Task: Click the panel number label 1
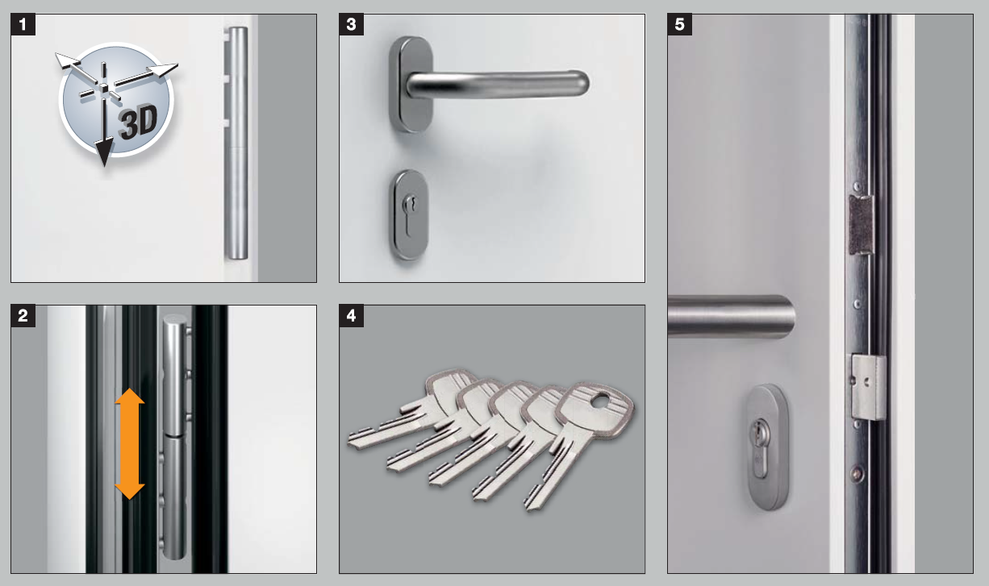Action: (23, 24)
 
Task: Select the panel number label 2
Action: (23, 315)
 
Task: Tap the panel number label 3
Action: (352, 24)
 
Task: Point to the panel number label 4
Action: (352, 315)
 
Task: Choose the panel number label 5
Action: (680, 24)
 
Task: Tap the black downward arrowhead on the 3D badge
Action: (104, 152)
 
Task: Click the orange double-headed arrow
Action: (129, 443)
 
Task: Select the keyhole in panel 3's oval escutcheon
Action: (410, 212)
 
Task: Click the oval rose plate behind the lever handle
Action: (411, 84)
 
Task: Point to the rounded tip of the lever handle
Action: (582, 83)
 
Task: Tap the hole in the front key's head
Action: (600, 401)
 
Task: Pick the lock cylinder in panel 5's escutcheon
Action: (760, 448)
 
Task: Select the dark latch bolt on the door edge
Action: (862, 225)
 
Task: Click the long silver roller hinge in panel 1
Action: (237, 143)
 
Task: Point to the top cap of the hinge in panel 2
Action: (175, 321)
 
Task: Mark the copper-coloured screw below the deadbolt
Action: (857, 474)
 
